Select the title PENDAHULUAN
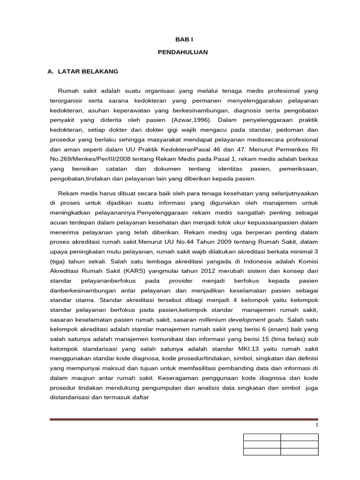pos(183,52)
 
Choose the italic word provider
pos(180,281)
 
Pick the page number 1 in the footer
pos(317,425)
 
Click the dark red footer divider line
pos(184,420)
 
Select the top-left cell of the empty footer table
pos(262,437)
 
